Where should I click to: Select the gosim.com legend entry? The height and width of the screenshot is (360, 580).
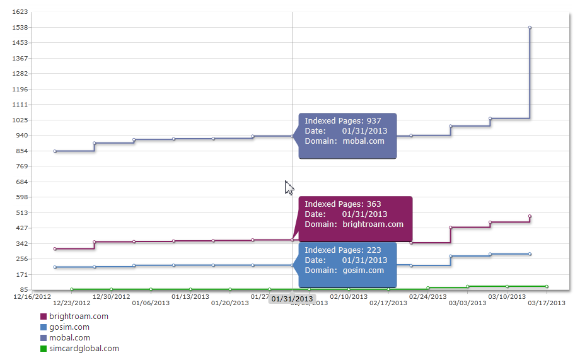coord(69,327)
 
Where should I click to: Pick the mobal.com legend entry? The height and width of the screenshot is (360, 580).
coord(69,338)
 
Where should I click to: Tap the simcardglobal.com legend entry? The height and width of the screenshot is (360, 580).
coord(83,349)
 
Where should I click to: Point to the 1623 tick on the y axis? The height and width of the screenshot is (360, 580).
coord(20,12)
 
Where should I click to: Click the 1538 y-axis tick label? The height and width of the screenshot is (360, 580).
coord(20,28)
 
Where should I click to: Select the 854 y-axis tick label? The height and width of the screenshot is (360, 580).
coord(21,151)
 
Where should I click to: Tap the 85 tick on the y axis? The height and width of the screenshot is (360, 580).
coord(23,290)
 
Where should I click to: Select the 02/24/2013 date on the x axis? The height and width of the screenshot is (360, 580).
coord(427,296)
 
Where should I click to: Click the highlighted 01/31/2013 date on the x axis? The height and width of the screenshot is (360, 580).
coord(292,299)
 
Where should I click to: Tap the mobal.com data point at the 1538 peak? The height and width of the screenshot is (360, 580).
coord(530,28)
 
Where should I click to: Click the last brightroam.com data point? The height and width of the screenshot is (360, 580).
coord(530,216)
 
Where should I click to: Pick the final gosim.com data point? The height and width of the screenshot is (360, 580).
coord(530,254)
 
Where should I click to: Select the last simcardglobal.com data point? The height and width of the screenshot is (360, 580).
coord(547,287)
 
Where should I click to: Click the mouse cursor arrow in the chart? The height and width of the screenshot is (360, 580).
coord(288,187)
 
